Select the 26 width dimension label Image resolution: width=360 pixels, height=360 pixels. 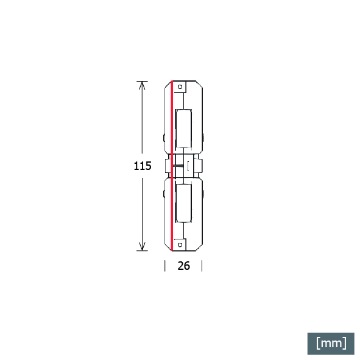pyautogui.click(x=183, y=266)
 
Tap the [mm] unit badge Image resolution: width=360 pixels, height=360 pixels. pyautogui.click(x=331, y=343)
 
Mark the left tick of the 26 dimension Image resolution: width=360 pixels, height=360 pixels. pyautogui.click(x=165, y=266)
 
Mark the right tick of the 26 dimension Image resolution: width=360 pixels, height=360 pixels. pyautogui.click(x=202, y=266)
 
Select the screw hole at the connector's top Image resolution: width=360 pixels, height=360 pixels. pyautogui.click(x=181, y=87)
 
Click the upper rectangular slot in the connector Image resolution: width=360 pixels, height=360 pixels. pyautogui.click(x=183, y=128)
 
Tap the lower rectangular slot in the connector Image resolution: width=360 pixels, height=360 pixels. pyautogui.click(x=183, y=203)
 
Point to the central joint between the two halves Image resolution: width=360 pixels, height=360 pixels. pyautogui.click(x=184, y=166)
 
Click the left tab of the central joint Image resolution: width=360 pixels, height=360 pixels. pyautogui.click(x=167, y=166)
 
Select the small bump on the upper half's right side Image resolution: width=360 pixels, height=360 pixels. pyautogui.click(x=203, y=138)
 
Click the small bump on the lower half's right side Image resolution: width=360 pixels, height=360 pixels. pyautogui.click(x=203, y=194)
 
